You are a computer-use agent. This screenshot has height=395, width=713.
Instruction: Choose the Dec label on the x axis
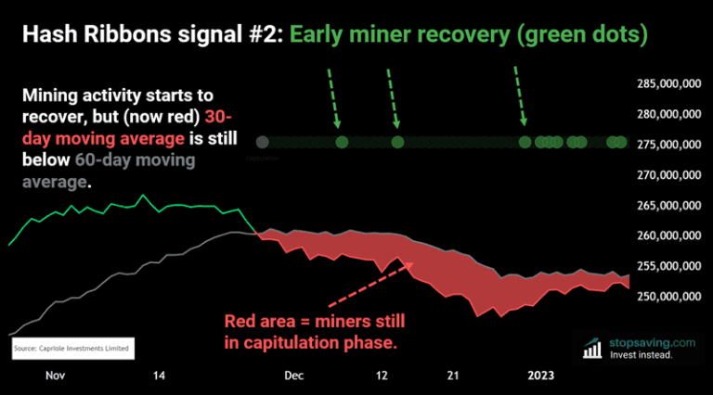293,376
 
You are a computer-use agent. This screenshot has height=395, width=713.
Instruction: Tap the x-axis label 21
452,376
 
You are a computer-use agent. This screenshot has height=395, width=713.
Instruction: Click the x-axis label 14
159,376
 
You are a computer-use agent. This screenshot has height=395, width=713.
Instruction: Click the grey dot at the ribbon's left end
263,142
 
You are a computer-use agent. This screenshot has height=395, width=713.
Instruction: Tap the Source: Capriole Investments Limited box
72,349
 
